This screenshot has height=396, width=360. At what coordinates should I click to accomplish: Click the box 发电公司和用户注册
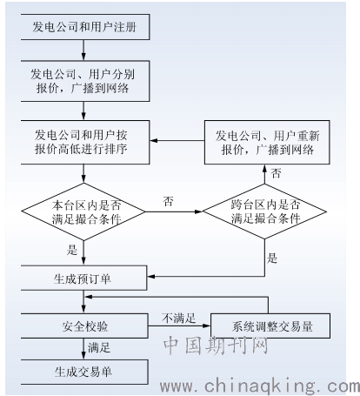click(x=85, y=27)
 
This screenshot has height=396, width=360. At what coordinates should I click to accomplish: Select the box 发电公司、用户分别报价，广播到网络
click(x=85, y=81)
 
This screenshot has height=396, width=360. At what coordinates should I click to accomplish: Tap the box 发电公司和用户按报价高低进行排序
click(x=85, y=142)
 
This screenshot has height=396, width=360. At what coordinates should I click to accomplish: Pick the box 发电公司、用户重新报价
click(x=267, y=142)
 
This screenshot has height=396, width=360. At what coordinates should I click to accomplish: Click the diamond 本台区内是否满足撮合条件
click(x=83, y=211)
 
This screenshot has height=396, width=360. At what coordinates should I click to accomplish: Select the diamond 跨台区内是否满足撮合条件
click(x=264, y=211)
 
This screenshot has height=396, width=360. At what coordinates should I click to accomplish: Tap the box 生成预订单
click(x=83, y=278)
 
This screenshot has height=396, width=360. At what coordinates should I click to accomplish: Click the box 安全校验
click(x=84, y=326)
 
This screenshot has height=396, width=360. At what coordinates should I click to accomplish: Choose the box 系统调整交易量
click(x=270, y=326)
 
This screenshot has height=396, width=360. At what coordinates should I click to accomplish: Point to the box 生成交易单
click(x=84, y=372)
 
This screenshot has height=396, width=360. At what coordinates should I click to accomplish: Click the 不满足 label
click(x=179, y=319)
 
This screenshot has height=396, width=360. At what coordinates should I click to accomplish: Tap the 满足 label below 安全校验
click(x=99, y=347)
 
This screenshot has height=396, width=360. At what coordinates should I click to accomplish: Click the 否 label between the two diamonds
click(x=169, y=201)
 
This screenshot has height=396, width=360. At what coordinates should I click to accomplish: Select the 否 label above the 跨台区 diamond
click(x=276, y=173)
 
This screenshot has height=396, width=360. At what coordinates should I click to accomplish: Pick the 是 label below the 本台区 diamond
click(x=72, y=250)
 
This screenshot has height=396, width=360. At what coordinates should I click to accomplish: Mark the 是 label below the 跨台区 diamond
click(x=272, y=258)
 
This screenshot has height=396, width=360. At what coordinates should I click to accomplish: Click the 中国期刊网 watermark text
click(x=216, y=346)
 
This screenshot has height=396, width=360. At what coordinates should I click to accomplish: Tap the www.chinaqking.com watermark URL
click(x=260, y=386)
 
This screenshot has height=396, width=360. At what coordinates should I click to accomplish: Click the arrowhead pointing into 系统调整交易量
click(x=207, y=326)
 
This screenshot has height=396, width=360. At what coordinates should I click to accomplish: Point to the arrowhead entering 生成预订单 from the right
click(x=150, y=277)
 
